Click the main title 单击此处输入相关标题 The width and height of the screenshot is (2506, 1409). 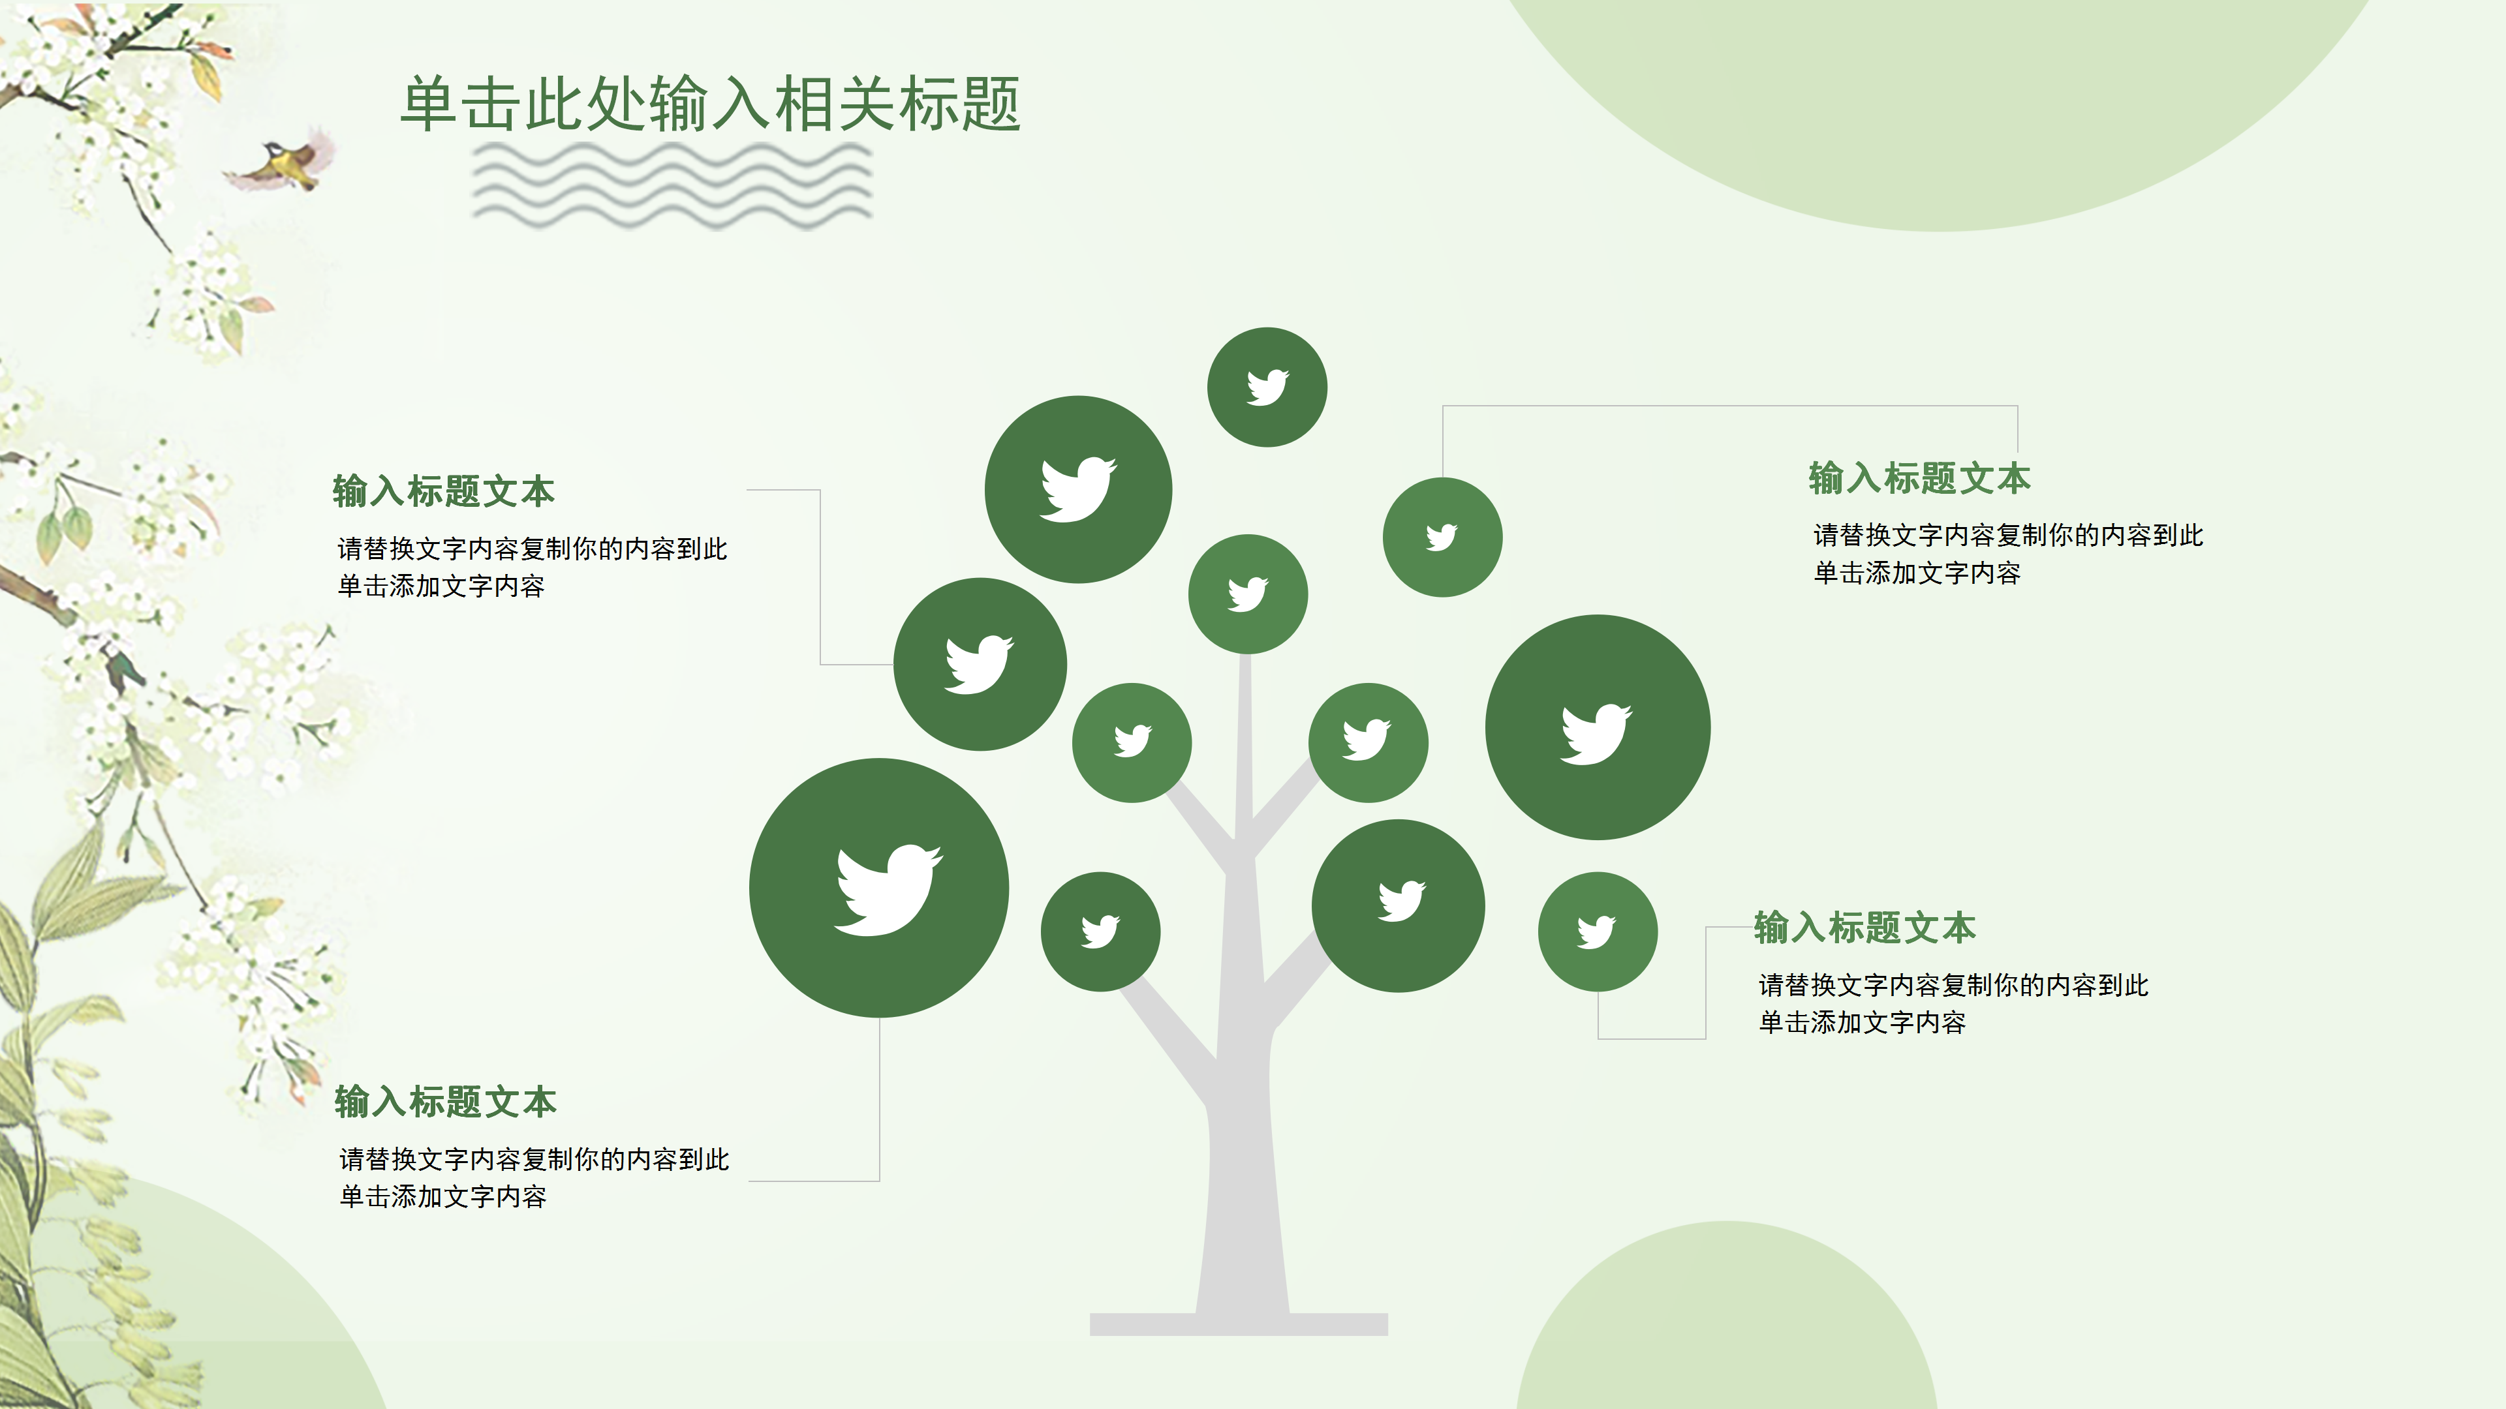click(710, 104)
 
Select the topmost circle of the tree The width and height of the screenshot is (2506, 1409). click(1267, 387)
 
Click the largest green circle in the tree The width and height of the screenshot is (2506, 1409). click(878, 888)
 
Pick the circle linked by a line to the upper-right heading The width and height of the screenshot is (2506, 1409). click(1442, 537)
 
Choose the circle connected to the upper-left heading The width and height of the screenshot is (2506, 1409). click(980, 664)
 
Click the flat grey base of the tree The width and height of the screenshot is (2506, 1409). click(1239, 1324)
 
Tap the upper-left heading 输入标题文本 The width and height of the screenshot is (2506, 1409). click(444, 491)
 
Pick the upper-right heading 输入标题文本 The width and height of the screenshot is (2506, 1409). click(1919, 478)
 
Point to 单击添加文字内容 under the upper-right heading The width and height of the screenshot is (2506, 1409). click(1917, 573)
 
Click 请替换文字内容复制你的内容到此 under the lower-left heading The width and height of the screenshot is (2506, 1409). click(534, 1159)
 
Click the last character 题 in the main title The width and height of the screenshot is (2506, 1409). click(991, 104)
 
